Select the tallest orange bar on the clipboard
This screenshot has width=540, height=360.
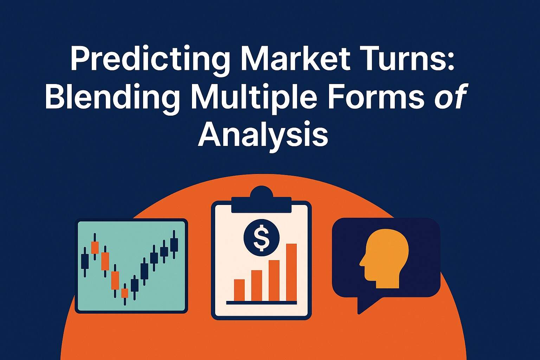tap(291, 272)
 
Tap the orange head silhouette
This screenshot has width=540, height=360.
tap(385, 258)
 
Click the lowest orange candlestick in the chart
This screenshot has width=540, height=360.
tap(124, 293)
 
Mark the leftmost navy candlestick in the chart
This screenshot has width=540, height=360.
tap(84, 260)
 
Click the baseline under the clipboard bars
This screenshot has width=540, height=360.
tap(262, 302)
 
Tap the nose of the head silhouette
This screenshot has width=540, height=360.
tap(361, 262)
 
